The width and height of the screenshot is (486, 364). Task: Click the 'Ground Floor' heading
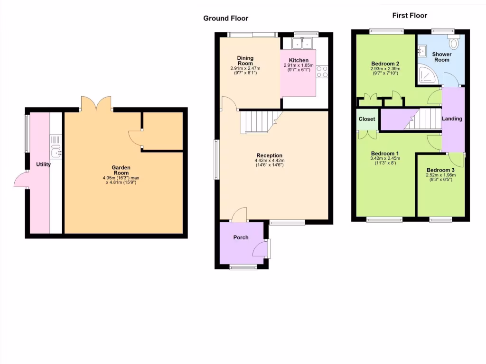[x=225, y=18]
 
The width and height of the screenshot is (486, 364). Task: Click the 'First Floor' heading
[x=410, y=16]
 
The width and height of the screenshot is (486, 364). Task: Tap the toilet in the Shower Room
[x=454, y=45]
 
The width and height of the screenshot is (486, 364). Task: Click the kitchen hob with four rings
[x=322, y=71]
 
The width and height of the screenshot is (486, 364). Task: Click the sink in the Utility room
[x=56, y=152]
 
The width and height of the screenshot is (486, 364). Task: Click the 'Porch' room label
[x=241, y=237]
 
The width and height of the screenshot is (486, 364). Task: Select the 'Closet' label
[x=367, y=119]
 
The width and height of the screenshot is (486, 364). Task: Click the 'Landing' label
[x=452, y=118]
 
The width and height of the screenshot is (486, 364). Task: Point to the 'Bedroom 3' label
[x=440, y=170]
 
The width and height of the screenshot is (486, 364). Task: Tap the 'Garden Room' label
[x=121, y=170]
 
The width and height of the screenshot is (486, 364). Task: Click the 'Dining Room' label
[x=245, y=61]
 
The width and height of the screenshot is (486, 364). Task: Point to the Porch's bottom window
[x=243, y=267]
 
